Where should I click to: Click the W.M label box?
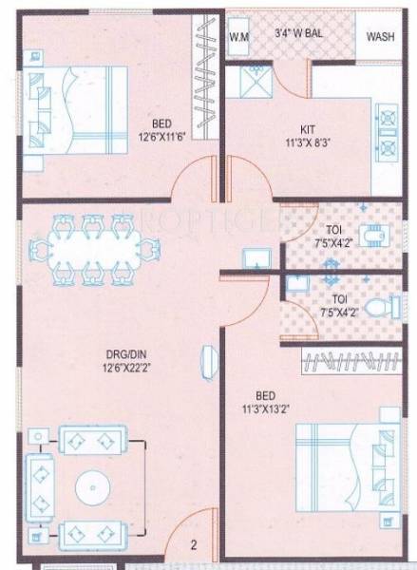tap(239, 37)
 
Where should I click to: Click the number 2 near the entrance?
tap(193, 545)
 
